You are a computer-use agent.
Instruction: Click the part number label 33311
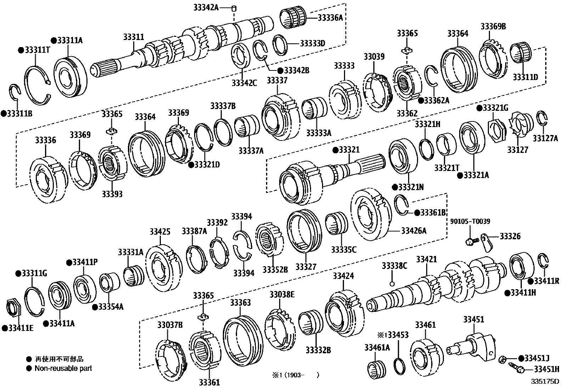[x=134, y=37]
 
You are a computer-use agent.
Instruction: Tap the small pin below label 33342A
[x=234, y=8]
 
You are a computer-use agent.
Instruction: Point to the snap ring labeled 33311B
[x=14, y=94]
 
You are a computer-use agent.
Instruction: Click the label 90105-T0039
[x=470, y=222]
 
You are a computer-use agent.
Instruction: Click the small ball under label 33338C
[x=391, y=284]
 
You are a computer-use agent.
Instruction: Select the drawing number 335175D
[x=544, y=382]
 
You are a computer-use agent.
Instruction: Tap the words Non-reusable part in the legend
[x=63, y=368]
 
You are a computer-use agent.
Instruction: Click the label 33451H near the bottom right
[x=545, y=369]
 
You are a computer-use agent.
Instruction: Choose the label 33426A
[x=413, y=231]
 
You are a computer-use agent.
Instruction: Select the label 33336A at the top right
[x=330, y=17]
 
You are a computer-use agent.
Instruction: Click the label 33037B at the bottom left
[x=170, y=325]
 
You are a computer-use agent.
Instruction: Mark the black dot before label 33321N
[x=395, y=187]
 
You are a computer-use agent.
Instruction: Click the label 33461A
[x=377, y=348]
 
